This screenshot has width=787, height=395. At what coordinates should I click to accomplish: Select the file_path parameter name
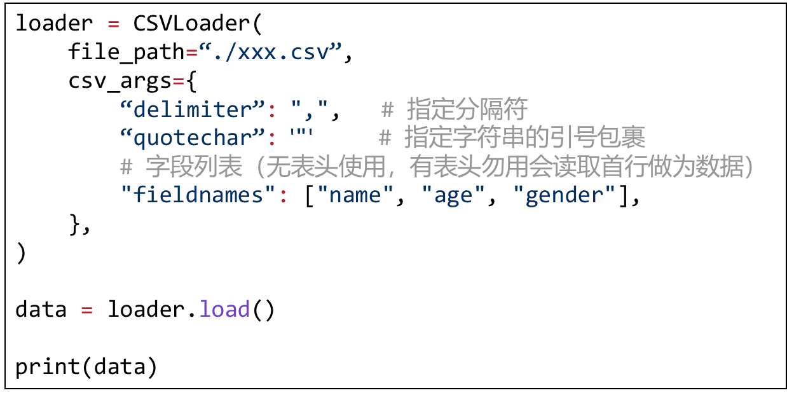(x=120, y=52)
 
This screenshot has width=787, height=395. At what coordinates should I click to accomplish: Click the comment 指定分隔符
(x=467, y=109)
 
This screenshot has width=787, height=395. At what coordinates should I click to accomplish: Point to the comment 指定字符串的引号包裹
(x=524, y=138)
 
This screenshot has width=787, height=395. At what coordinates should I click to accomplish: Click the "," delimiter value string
(x=311, y=109)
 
